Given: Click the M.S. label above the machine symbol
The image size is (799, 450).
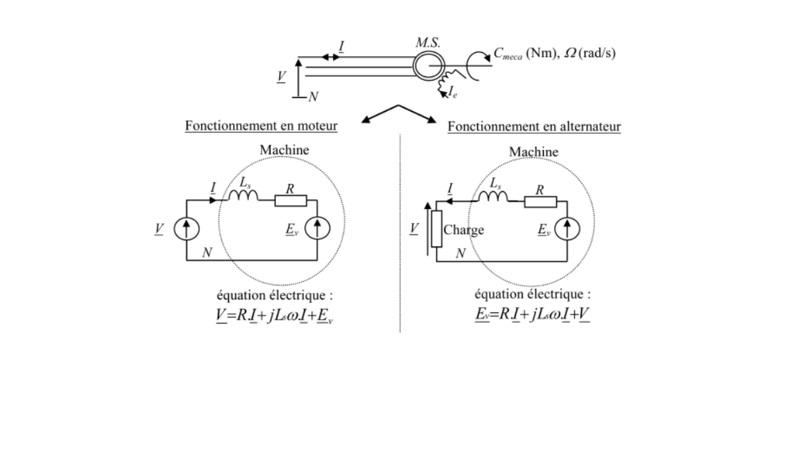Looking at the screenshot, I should [424, 43].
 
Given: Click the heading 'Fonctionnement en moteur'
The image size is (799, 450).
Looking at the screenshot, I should [261, 127].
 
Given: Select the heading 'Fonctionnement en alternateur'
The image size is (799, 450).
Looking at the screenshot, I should [534, 127].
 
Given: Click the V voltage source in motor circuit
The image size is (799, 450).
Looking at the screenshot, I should [187, 230].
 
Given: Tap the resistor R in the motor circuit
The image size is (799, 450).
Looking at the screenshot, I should [291, 201].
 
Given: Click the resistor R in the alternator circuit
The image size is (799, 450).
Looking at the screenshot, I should [540, 201].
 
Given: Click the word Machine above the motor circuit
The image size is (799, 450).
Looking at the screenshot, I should [284, 150].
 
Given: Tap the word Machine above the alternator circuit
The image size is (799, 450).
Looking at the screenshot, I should [533, 151].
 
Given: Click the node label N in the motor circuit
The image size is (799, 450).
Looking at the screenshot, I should [206, 253].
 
